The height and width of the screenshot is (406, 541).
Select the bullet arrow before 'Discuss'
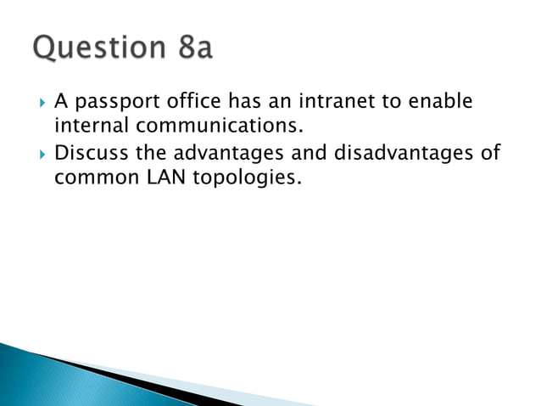[39, 155]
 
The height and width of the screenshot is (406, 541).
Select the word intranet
[323, 104]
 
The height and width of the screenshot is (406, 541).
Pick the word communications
[218, 128]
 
